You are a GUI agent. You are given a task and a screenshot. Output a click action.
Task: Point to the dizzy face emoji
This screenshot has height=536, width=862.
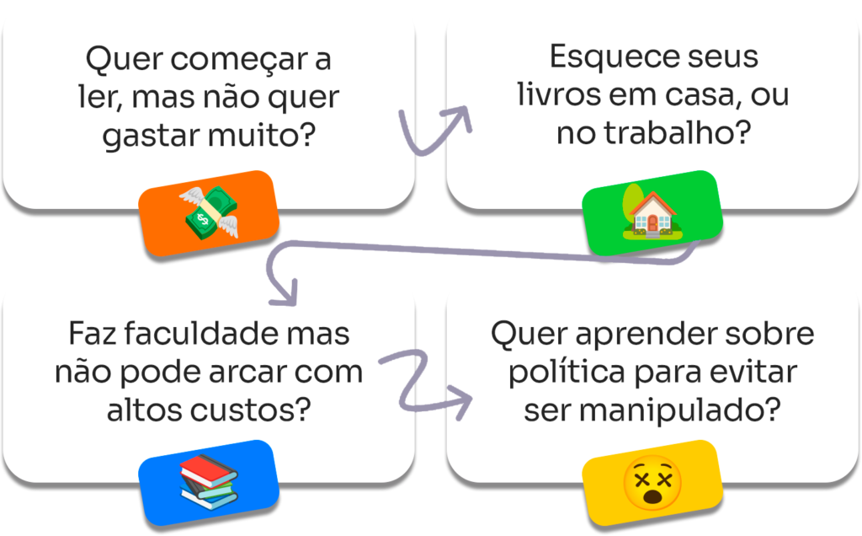652,481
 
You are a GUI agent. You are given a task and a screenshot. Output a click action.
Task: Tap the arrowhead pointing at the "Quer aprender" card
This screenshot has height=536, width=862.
459,401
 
